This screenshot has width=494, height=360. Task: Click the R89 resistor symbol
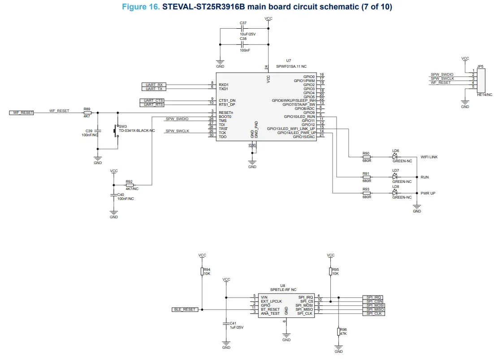87,113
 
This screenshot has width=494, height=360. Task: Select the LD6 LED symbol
394,157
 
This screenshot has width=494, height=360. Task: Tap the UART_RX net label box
154,85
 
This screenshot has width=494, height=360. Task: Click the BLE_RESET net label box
184,309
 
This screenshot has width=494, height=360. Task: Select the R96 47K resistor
338,332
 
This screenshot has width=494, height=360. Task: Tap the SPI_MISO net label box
373,309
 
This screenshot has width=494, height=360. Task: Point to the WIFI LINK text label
429,157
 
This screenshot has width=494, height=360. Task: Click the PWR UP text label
428,193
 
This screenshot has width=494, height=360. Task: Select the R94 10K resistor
202,272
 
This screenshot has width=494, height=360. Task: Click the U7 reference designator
288,61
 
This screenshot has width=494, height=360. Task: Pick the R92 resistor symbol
130,185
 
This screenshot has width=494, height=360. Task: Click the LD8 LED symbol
394,193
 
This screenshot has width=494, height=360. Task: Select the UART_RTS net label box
152,104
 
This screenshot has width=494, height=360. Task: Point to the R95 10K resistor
330,271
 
